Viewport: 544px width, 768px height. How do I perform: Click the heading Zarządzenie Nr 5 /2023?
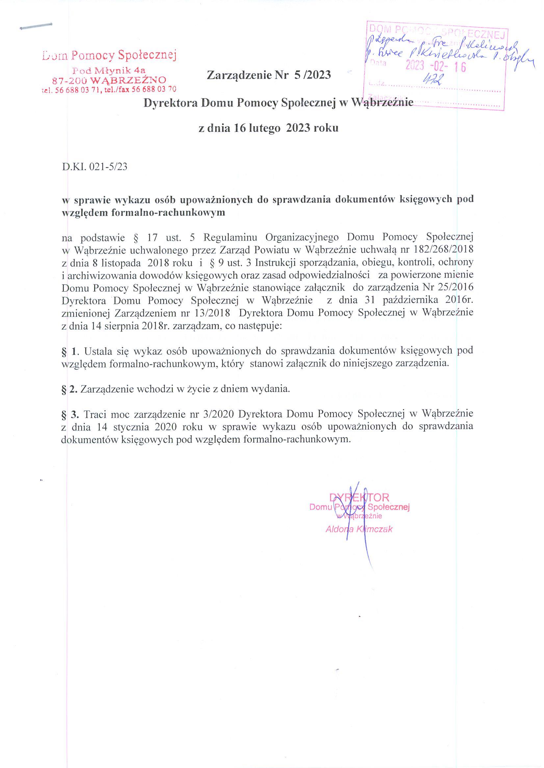click(269, 75)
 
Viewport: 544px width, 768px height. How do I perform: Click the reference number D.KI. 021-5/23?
click(95, 167)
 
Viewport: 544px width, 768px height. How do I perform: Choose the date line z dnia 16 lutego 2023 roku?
click(268, 128)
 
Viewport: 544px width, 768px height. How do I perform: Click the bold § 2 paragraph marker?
click(70, 389)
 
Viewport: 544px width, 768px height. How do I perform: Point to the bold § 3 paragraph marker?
click(70, 414)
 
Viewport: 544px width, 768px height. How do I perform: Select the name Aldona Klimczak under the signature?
click(359, 529)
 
